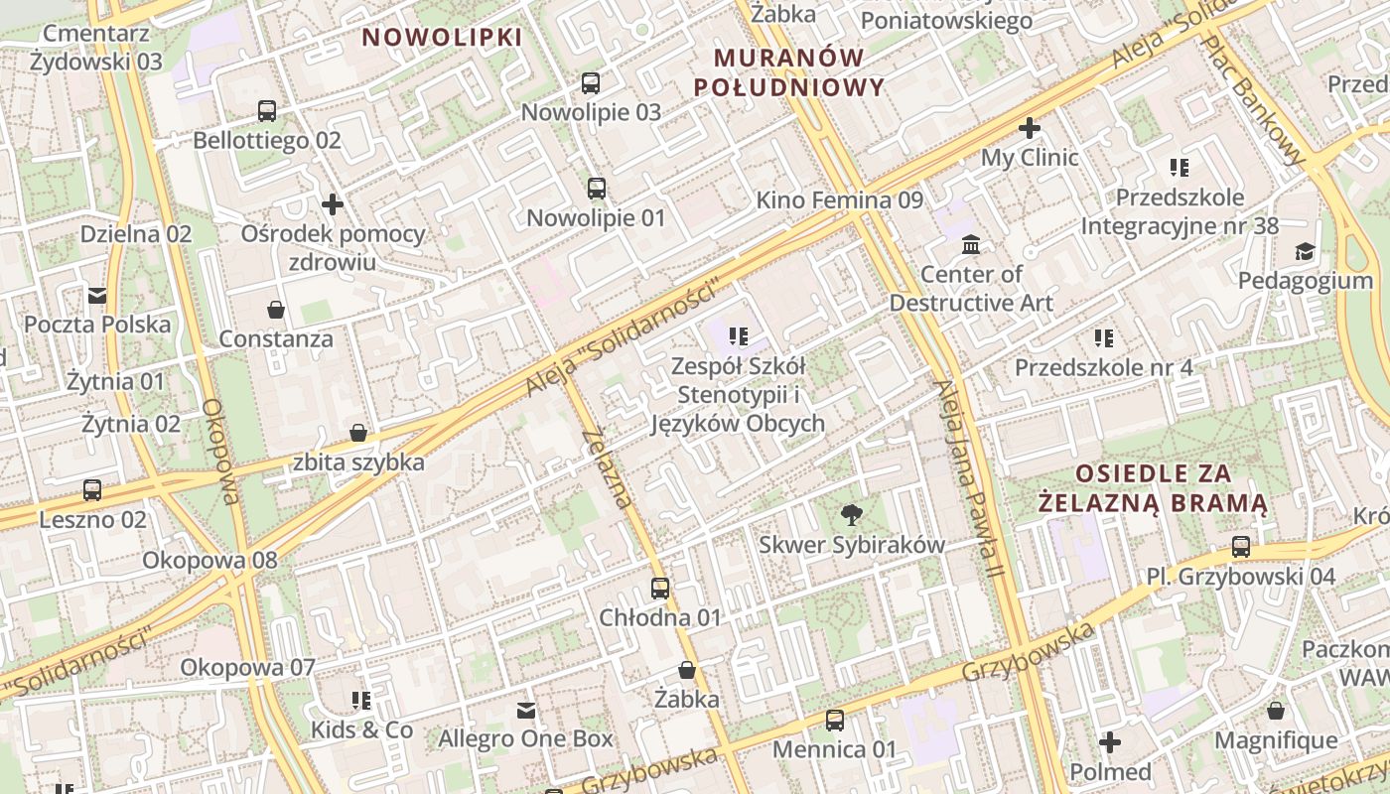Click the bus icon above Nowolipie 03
591,83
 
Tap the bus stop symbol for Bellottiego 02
267,111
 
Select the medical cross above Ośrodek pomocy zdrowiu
333,204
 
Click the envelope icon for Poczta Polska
97,296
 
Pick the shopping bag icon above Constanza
276,310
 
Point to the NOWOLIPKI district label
442,38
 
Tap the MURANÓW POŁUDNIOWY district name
788,71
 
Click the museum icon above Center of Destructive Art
971,245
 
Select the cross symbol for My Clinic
1030,128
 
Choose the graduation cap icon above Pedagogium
1305,252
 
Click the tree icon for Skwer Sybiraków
851,514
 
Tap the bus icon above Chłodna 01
660,589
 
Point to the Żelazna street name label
608,467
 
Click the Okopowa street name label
220,452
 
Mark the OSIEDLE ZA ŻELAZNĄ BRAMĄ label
1154,487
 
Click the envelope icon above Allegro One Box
526,711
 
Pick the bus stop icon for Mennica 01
835,721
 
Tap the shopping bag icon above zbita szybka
358,434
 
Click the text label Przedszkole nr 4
1103,368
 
